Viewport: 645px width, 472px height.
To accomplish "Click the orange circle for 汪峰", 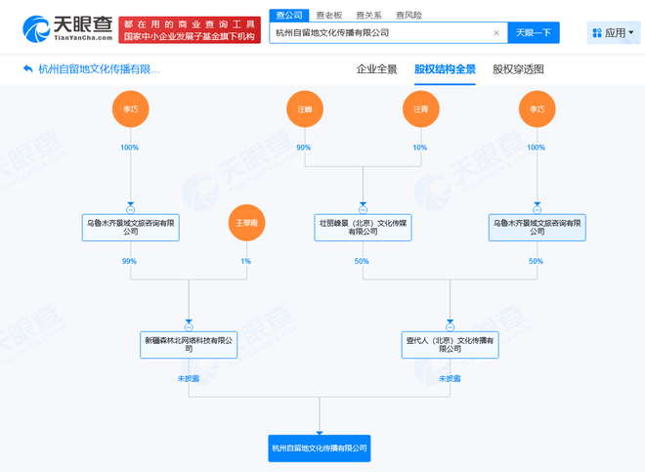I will pos(305,108).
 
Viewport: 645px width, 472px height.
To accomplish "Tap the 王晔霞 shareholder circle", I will pos(246,224).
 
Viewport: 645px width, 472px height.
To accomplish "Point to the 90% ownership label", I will pos(304,148).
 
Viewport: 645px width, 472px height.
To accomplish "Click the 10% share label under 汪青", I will pos(420,148).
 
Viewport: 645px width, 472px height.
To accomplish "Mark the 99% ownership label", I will pos(129,261).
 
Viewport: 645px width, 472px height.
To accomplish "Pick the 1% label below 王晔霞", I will pos(245,261).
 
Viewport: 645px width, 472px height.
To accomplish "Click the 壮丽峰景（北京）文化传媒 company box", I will pos(363,228).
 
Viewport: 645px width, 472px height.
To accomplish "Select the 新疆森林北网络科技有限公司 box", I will pos(188,344).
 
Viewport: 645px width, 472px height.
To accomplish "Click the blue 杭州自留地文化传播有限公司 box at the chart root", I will pos(320,449).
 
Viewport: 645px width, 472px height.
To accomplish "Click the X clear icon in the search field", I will pos(495,33).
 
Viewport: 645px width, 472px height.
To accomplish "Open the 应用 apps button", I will pos(614,33).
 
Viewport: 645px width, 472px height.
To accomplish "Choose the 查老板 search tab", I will pos(329,16).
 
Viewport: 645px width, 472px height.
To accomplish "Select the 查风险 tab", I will pos(408,16).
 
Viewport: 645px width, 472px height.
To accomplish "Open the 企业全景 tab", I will pos(376,69).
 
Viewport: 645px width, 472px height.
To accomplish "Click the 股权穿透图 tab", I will pos(518,69).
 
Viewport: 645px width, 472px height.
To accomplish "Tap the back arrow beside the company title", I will pos(26,69).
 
